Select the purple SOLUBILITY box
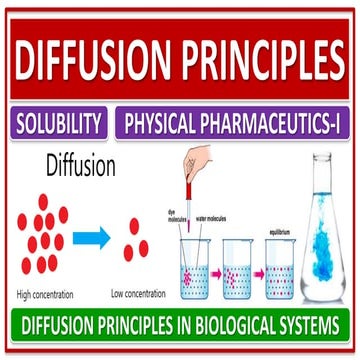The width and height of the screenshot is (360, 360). tap(60, 124)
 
